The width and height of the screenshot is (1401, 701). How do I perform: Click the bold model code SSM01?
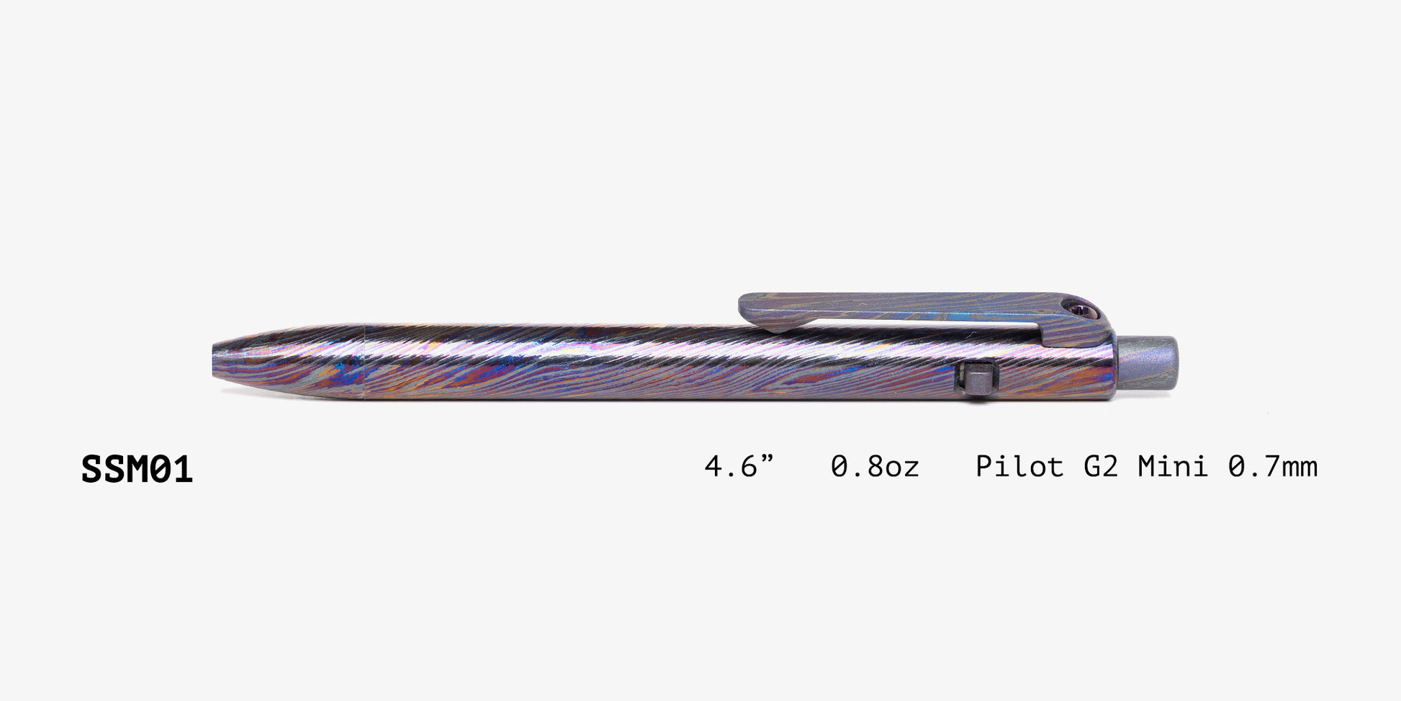pyautogui.click(x=137, y=470)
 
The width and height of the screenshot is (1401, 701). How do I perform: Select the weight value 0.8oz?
pyautogui.click(x=875, y=467)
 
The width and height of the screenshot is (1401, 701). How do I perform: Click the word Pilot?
pyautogui.click(x=1019, y=467)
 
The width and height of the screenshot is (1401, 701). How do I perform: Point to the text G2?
pyautogui.click(x=1101, y=467)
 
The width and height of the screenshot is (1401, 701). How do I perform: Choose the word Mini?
pyautogui.click(x=1173, y=467)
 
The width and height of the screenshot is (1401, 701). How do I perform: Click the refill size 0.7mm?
pyautogui.click(x=1272, y=467)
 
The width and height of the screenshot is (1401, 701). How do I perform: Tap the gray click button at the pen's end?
pyautogui.click(x=1148, y=362)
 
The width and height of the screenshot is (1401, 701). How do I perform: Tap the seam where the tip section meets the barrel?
pyautogui.click(x=364, y=360)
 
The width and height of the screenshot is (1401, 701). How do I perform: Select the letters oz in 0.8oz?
pyautogui.click(x=902, y=468)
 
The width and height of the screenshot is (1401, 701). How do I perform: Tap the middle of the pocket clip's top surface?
pyautogui.click(x=907, y=301)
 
